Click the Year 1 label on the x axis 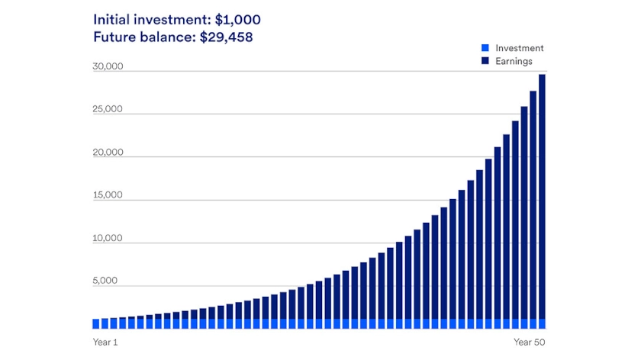105,342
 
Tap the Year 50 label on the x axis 529,342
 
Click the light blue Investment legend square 485,48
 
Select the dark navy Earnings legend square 485,61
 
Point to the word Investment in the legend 519,48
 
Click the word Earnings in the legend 514,61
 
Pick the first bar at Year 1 96,323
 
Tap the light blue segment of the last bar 542,323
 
